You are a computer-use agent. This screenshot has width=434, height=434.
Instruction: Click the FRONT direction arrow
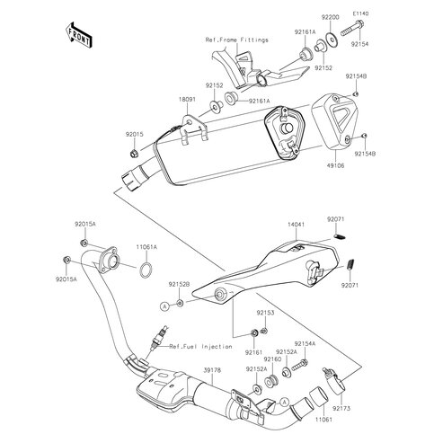tap(78, 35)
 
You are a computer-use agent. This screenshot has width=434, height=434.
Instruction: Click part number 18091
tap(187, 99)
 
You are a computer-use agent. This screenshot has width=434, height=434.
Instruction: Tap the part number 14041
tap(296, 225)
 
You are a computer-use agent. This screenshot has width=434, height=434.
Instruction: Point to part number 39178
tap(212, 370)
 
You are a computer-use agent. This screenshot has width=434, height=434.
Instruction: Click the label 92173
tap(341, 408)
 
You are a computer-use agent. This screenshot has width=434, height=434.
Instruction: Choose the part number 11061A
tap(146, 247)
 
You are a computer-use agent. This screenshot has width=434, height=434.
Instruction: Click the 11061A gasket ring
tap(146, 270)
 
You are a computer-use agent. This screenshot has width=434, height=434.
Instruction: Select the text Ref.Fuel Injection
tap(200, 347)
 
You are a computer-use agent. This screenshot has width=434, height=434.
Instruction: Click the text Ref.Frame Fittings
tap(236, 40)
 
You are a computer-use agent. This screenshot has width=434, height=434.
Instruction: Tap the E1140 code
tap(360, 13)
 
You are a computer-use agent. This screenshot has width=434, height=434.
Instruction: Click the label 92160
tap(272, 359)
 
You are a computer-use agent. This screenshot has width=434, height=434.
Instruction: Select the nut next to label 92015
tap(134, 154)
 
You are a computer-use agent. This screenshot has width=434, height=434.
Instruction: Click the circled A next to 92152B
tap(164, 306)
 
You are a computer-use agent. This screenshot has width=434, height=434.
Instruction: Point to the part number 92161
tap(253, 352)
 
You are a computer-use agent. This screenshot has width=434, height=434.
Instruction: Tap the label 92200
tap(331, 17)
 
